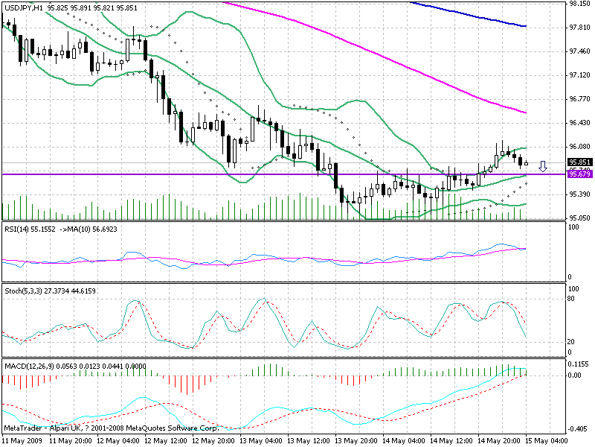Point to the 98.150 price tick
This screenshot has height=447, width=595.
(579, 4)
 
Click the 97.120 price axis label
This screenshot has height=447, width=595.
(579, 75)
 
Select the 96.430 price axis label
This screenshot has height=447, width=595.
(579, 123)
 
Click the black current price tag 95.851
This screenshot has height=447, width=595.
(579, 162)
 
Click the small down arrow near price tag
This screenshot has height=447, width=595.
(543, 165)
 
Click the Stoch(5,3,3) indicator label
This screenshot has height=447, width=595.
(23, 287)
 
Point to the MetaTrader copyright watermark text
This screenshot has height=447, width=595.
(111, 428)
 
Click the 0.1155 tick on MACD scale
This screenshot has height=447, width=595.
(579, 364)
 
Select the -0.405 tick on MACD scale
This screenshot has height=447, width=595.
(579, 429)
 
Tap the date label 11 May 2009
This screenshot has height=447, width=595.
(20, 440)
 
